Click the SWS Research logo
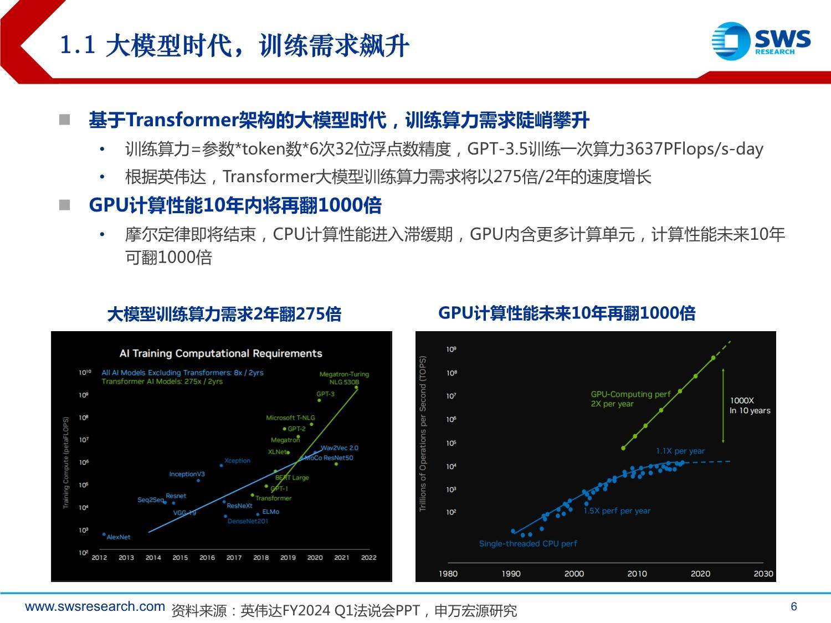click(761, 41)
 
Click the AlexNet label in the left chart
click(118, 537)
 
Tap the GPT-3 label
click(325, 394)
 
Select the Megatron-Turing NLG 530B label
click(344, 378)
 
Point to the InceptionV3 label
click(187, 474)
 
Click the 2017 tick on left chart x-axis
click(234, 558)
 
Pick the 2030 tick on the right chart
click(763, 574)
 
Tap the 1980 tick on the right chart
click(448, 574)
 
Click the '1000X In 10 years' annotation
click(750, 405)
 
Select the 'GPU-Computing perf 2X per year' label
click(630, 399)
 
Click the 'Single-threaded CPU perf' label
click(528, 544)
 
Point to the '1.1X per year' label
click(680, 451)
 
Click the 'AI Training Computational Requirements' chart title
click(220, 353)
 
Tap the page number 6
click(794, 606)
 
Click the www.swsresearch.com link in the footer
click(95, 606)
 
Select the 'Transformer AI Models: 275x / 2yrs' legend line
click(162, 382)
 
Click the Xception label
click(237, 461)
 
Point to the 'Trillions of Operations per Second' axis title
click(423, 434)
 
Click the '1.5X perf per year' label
click(617, 511)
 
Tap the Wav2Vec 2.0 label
click(339, 448)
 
